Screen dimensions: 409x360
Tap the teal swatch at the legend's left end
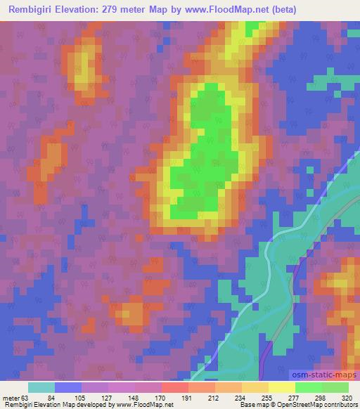[41, 387]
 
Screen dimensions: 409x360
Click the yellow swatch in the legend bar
[281, 387]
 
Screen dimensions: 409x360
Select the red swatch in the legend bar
[175, 387]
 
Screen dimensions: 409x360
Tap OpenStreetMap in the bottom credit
[295, 405]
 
